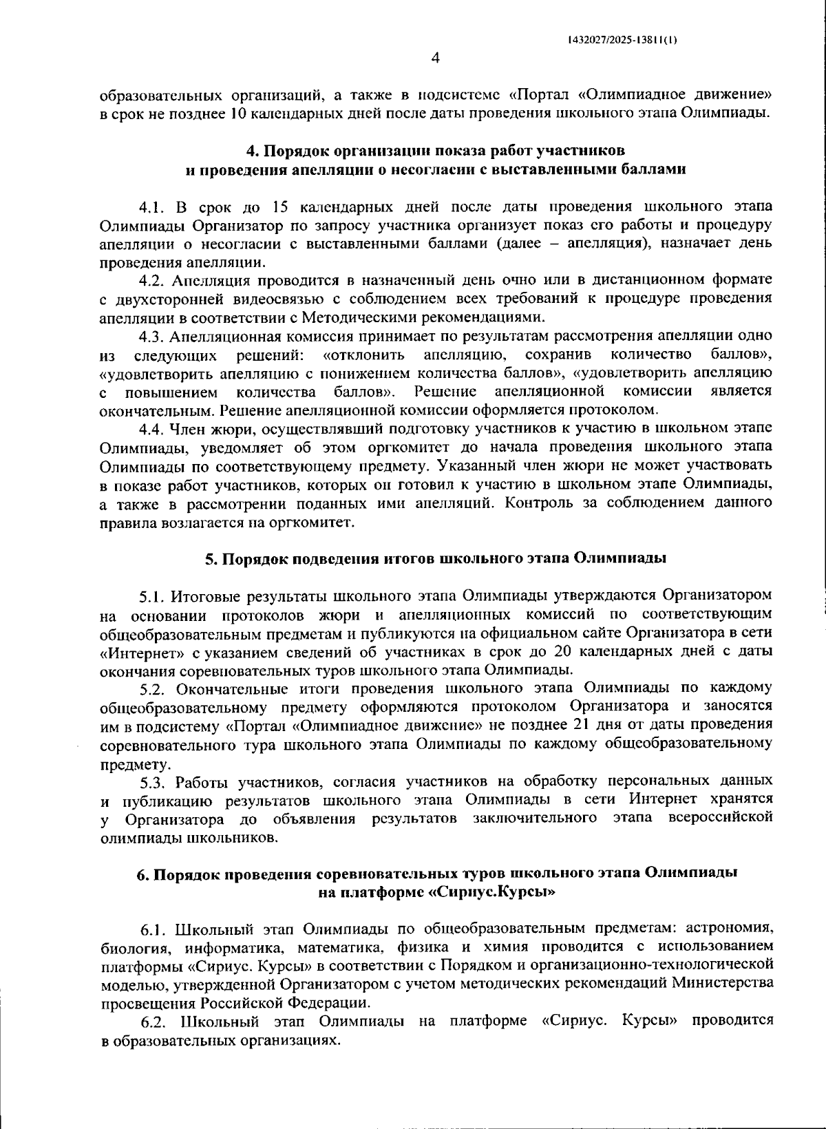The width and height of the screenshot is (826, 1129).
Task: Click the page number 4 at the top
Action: click(434, 59)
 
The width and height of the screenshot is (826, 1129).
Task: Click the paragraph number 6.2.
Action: click(155, 1020)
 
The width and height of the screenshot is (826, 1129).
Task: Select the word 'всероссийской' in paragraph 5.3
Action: click(720, 819)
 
